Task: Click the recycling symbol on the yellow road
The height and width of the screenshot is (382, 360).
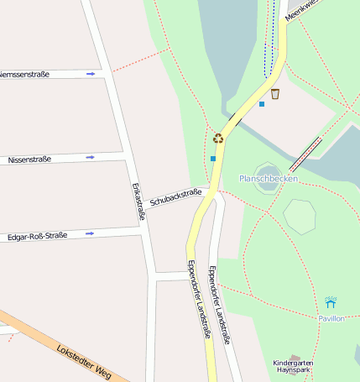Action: [218, 139]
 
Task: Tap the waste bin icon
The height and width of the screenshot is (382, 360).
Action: [275, 93]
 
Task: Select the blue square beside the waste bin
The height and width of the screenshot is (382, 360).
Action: [262, 104]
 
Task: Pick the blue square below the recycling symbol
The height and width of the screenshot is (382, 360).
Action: [213, 158]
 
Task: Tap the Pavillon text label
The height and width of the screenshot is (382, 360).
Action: [331, 319]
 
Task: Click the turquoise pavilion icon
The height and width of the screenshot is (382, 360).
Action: [331, 302]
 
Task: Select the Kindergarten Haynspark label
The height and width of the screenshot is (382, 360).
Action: [299, 367]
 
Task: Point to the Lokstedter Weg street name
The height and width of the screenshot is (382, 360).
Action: [84, 360]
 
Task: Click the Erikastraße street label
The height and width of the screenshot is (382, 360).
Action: [134, 202]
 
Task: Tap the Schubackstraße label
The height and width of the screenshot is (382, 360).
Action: [176, 198]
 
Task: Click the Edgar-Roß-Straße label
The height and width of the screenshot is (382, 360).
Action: [37, 236]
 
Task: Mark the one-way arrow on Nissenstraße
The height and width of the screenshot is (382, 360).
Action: [90, 157]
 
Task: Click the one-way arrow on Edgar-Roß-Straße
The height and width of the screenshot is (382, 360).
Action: [90, 233]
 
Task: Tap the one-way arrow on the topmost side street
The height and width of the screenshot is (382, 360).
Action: [90, 74]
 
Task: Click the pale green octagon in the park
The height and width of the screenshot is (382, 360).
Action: [300, 215]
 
